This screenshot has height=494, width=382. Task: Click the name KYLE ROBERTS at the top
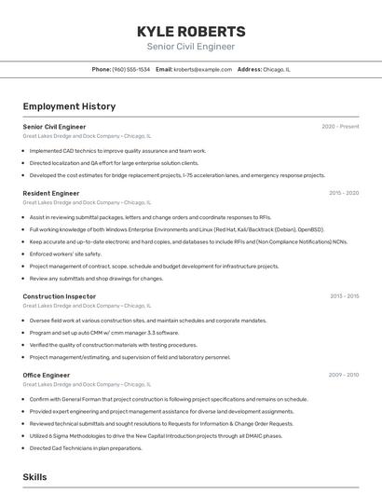coord(191,31)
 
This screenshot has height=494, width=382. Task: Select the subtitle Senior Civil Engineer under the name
coord(191,47)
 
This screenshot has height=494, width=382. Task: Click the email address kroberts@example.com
coord(203,69)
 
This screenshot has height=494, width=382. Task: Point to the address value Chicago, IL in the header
coord(277,69)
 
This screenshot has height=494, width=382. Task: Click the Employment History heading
coord(69,106)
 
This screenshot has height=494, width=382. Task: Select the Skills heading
coord(34,476)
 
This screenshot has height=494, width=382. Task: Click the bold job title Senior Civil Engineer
coord(54,127)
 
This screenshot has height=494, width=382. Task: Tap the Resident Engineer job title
coord(51,193)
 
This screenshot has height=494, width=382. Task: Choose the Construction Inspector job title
coord(60,296)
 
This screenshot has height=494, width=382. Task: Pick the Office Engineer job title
coord(47,375)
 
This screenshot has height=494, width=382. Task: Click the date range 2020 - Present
coord(340,127)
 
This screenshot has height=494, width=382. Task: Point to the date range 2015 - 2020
coord(344,193)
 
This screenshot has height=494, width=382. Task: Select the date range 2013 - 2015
coord(344,296)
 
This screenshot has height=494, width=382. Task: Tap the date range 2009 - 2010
coord(344,375)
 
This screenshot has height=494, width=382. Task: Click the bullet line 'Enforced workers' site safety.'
coord(65,254)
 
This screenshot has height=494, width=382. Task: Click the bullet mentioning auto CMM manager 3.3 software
coord(103,332)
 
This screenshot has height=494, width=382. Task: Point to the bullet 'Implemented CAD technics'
coord(117,150)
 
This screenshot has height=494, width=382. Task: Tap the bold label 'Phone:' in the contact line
coord(102,69)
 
